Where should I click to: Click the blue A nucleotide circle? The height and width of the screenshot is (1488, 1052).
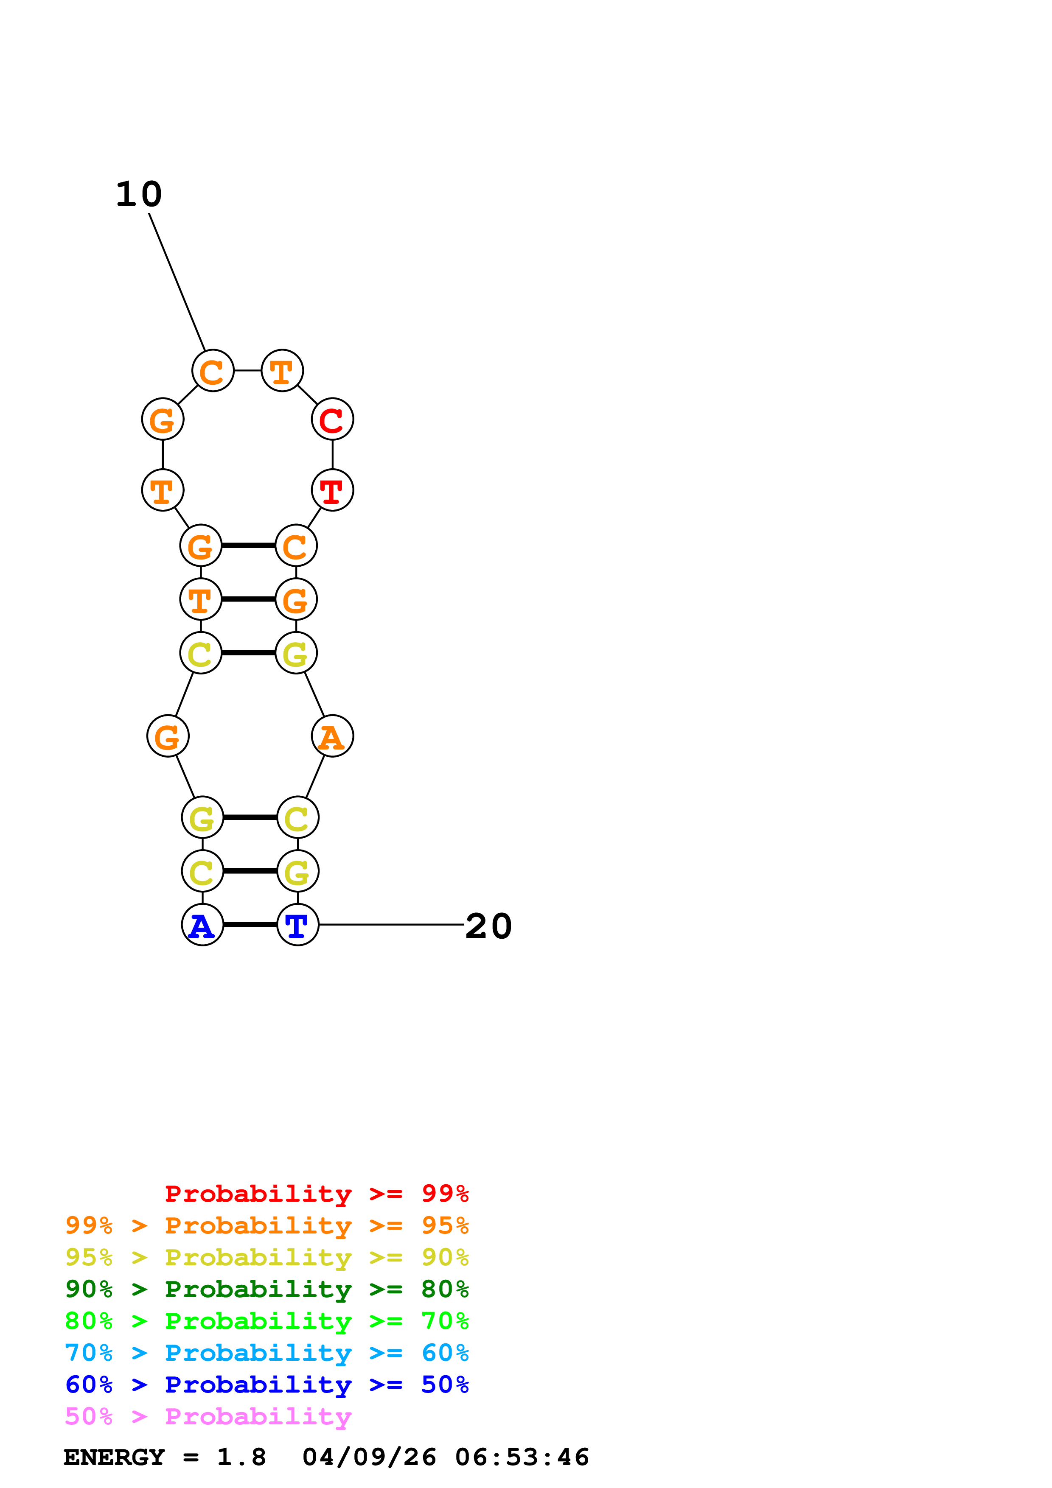click(202, 924)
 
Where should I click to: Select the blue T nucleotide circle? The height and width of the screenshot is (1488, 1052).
click(297, 924)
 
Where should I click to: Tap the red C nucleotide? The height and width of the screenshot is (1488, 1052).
click(332, 420)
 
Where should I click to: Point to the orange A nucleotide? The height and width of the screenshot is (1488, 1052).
click(332, 736)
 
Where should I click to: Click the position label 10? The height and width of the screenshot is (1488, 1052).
click(139, 194)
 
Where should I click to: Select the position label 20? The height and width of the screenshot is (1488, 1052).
click(489, 926)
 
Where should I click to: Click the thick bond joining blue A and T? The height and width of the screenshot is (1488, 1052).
click(250, 924)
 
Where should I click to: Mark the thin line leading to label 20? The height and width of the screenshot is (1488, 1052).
click(392, 924)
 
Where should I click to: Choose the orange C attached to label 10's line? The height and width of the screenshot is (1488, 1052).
click(213, 371)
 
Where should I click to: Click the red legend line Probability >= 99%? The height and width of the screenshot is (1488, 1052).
click(316, 1193)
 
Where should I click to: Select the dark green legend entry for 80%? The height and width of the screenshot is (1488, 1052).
click(267, 1289)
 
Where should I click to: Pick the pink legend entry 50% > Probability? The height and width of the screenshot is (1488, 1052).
click(208, 1417)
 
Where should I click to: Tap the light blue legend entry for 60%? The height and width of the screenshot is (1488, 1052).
click(267, 1353)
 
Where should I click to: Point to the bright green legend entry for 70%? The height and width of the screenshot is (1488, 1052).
click(267, 1321)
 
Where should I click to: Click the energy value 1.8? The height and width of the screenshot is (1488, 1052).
click(241, 1457)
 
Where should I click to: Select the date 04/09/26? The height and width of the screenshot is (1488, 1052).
click(369, 1457)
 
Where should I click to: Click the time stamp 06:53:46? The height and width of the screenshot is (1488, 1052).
click(522, 1457)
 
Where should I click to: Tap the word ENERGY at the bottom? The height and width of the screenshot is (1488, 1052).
click(114, 1457)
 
